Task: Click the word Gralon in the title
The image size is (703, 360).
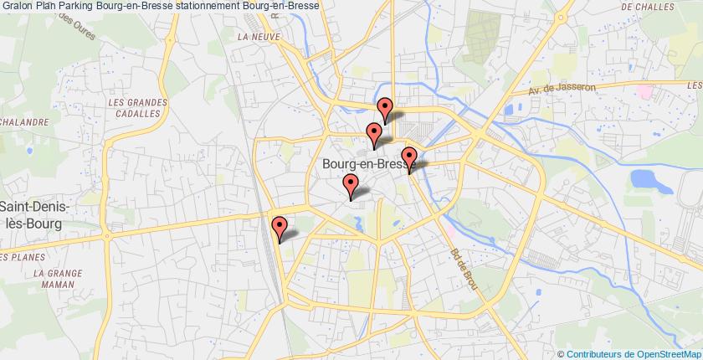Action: pyautogui.click(x=18, y=6)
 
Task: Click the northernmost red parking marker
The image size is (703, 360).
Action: pyautogui.click(x=385, y=107)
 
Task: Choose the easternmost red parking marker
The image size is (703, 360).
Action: pyautogui.click(x=409, y=157)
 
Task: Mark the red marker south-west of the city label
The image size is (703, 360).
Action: pyautogui.click(x=351, y=185)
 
